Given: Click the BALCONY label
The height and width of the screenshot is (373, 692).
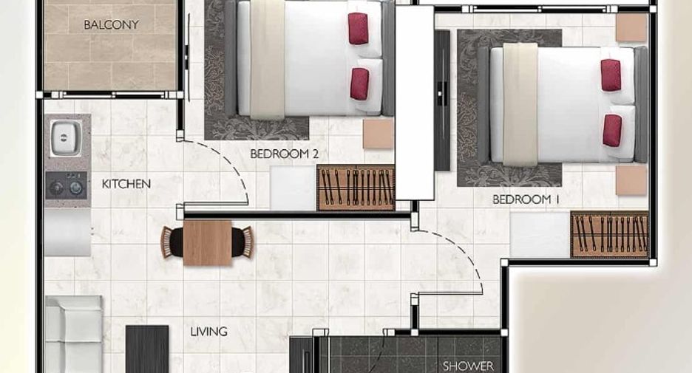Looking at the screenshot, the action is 111,24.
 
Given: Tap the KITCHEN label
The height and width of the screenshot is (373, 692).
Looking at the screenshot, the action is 126,184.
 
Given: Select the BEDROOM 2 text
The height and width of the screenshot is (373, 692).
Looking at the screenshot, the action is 284,154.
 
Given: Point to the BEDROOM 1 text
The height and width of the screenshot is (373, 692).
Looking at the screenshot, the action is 526,199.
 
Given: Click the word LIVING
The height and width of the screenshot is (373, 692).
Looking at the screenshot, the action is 208,331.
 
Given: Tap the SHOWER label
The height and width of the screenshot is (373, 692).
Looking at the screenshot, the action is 468,366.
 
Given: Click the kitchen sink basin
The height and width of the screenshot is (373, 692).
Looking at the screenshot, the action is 67,138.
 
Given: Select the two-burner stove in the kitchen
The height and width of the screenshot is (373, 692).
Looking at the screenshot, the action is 67,185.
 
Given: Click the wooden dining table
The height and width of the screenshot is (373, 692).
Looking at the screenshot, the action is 207,243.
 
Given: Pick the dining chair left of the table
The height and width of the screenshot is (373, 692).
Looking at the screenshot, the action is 172,242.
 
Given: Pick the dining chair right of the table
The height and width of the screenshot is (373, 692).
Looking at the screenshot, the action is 242,242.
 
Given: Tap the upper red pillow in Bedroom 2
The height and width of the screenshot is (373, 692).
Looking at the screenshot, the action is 358,29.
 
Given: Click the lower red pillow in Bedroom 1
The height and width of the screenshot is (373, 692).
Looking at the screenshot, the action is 612,131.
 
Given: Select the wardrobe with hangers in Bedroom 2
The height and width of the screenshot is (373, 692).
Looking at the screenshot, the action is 356,188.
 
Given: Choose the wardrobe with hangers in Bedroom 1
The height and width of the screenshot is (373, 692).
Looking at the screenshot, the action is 609,235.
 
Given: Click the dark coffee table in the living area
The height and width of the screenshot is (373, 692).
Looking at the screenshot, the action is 147,349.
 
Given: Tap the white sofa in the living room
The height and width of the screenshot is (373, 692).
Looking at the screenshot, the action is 74,334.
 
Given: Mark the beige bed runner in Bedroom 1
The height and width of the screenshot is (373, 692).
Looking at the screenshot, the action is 520,104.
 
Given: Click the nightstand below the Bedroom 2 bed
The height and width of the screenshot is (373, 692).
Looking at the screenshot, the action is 379,134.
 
